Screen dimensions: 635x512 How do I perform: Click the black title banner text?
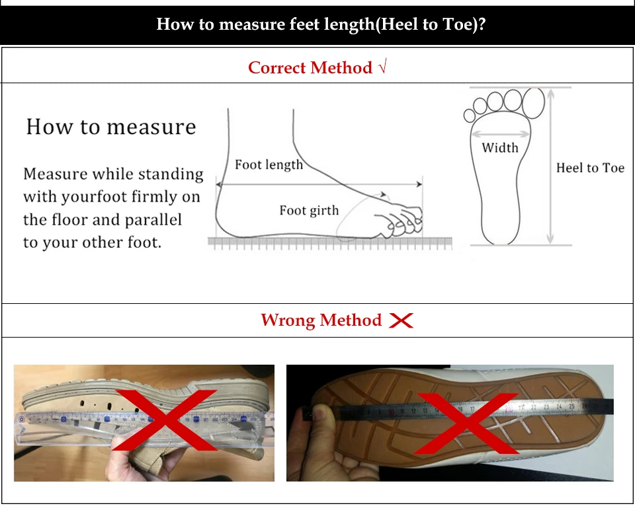point(321,24)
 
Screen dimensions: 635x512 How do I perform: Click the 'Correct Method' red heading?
point(310,67)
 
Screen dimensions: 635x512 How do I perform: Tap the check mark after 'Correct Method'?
point(383,65)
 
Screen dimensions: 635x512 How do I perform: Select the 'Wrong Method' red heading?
point(321,320)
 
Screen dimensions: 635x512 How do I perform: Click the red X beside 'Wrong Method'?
point(401,320)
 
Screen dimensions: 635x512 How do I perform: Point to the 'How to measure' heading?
point(111,127)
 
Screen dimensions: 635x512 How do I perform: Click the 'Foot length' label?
point(269,165)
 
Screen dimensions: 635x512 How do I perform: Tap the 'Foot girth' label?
point(309,210)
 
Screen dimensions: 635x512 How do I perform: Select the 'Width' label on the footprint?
point(500,147)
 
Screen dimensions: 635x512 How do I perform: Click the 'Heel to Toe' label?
point(590,167)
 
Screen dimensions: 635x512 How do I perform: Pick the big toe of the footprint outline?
point(533,103)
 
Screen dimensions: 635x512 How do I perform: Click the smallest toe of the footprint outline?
point(470,116)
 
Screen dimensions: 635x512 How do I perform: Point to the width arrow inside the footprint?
point(501,134)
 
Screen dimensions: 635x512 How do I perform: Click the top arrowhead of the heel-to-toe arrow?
point(550,93)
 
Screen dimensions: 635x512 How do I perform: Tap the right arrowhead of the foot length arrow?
point(419,184)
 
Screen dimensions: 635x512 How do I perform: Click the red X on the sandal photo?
point(165,420)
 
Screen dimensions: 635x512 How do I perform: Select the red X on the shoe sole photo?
point(466,423)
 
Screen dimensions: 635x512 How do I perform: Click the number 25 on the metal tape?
point(571,406)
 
